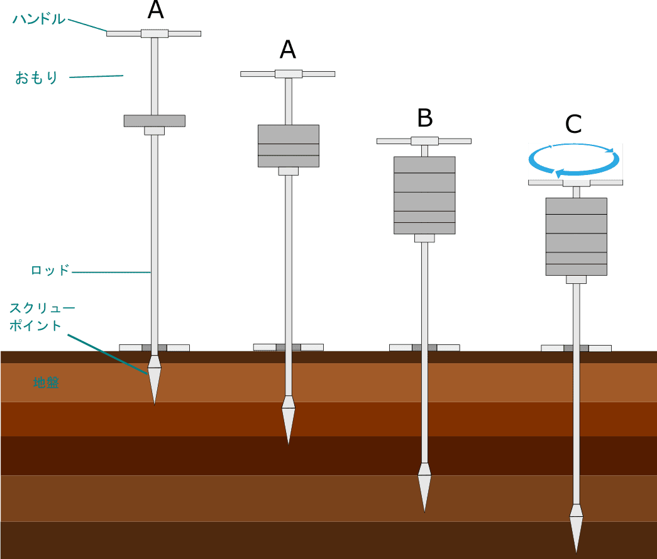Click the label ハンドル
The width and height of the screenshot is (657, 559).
[38, 19]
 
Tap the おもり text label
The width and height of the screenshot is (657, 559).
[36, 78]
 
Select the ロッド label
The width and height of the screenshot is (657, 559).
[50, 271]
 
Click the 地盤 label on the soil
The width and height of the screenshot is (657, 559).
[46, 382]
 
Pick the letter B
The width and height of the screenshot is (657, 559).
[425, 118]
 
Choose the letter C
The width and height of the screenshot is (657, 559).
[573, 125]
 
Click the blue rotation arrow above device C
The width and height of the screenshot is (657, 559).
[573, 159]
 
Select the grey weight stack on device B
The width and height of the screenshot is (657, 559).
[424, 195]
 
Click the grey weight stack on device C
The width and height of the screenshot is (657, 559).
[576, 237]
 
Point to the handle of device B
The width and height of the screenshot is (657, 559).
[424, 140]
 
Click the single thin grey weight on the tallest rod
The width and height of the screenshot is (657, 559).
[154, 120]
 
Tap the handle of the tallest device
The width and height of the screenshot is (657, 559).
[154, 33]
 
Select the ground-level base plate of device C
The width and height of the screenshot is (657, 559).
[576, 348]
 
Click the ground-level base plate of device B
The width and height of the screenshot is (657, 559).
[424, 347]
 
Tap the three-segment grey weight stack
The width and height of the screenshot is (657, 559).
[289, 145]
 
